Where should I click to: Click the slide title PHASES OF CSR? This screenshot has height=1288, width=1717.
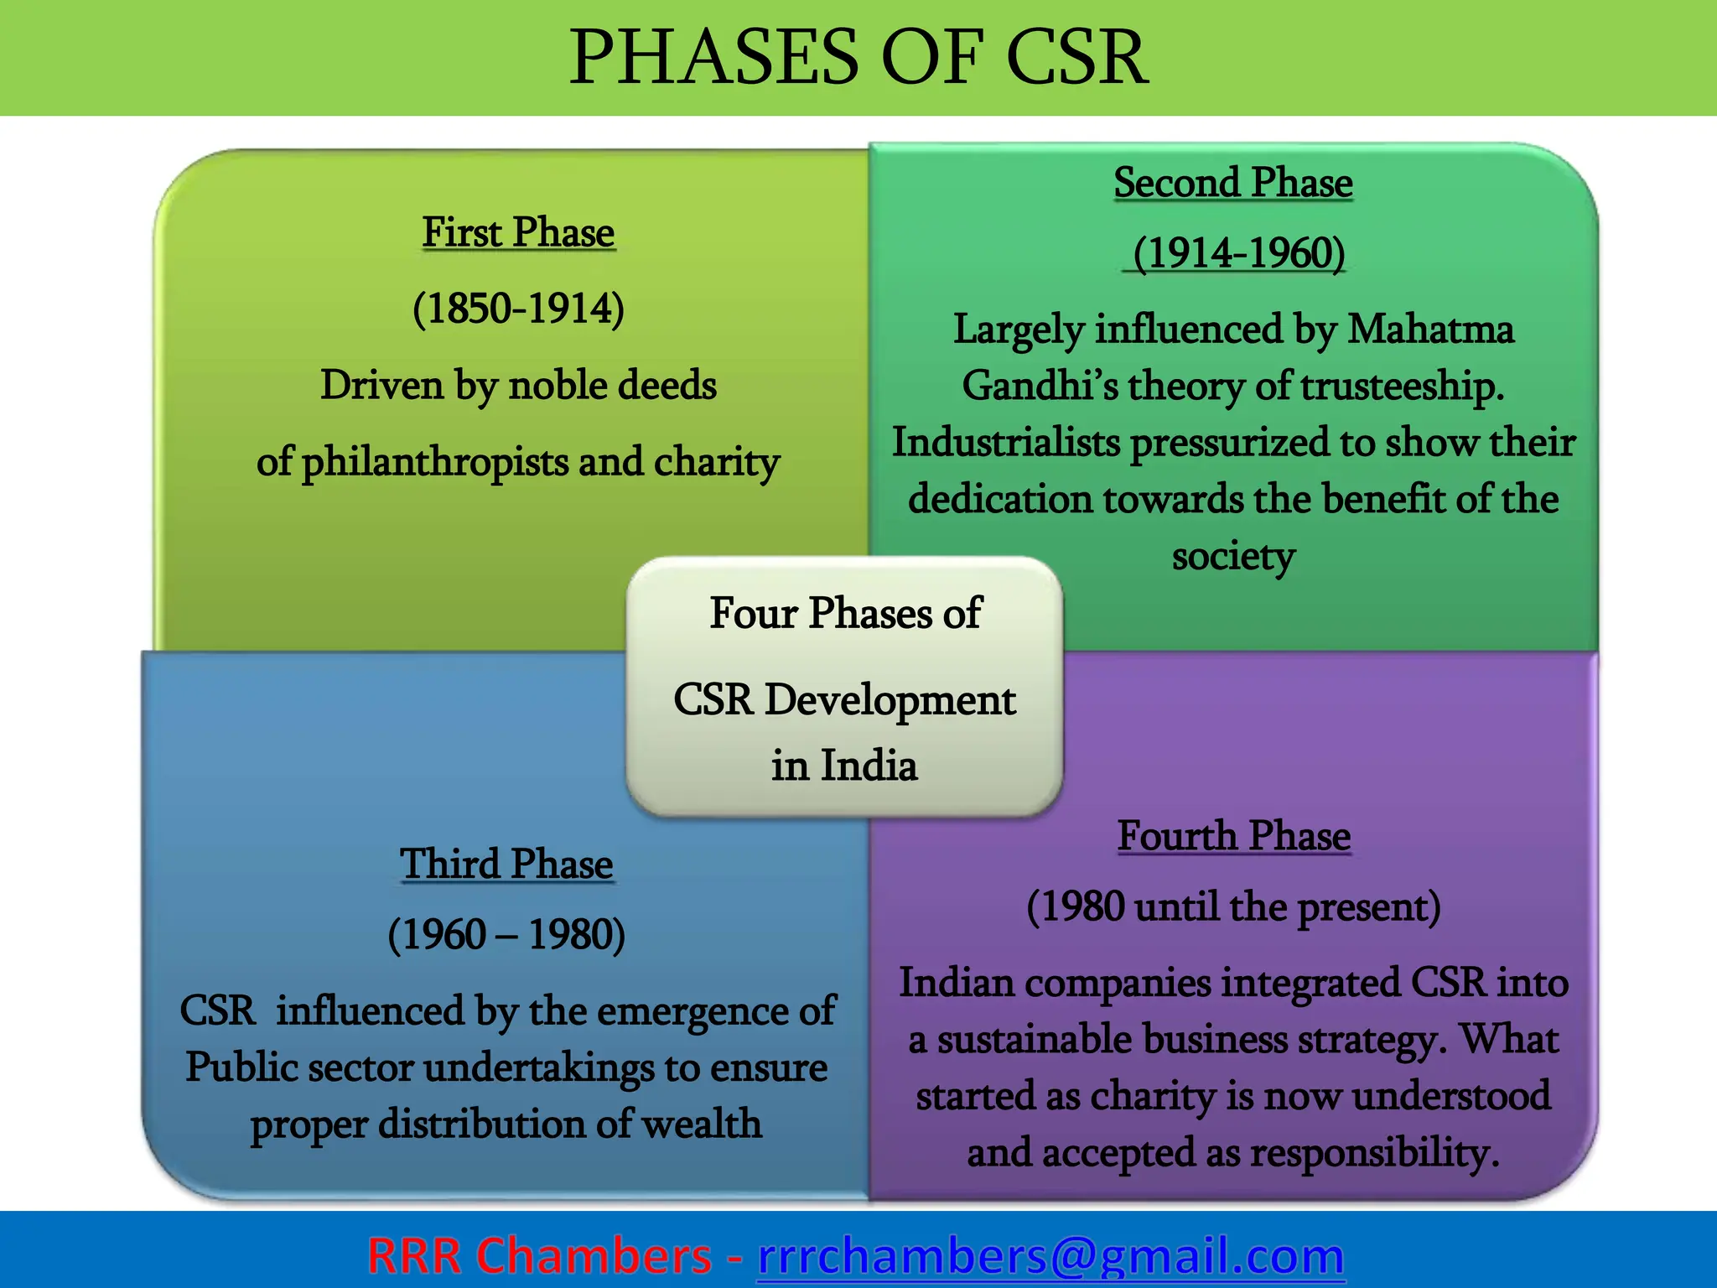pyautogui.click(x=858, y=57)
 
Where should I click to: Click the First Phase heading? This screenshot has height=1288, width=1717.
pyautogui.click(x=518, y=232)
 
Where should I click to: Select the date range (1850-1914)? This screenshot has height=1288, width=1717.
pyautogui.click(x=518, y=308)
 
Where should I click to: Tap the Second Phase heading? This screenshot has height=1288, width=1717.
pyautogui.click(x=1233, y=183)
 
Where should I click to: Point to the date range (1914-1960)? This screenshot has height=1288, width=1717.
pyautogui.click(x=1238, y=252)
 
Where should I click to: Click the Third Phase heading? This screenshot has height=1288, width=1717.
pyautogui.click(x=506, y=864)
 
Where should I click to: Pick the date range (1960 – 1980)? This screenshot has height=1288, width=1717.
pyautogui.click(x=506, y=934)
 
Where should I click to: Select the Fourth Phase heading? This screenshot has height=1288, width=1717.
pyautogui.click(x=1234, y=836)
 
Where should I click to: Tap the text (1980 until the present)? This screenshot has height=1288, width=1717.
pyautogui.click(x=1234, y=907)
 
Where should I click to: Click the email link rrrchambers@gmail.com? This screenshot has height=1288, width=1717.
pyautogui.click(x=1050, y=1255)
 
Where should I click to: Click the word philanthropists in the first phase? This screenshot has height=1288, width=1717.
pyautogui.click(x=434, y=462)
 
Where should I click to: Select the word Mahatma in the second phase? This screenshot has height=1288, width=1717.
pyautogui.click(x=1430, y=329)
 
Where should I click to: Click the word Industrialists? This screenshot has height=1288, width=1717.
pyautogui.click(x=1006, y=442)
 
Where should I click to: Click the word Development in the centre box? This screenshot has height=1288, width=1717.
pyautogui.click(x=890, y=700)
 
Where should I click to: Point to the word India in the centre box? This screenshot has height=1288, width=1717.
pyautogui.click(x=869, y=765)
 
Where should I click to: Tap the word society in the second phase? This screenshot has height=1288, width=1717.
pyautogui.click(x=1233, y=556)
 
